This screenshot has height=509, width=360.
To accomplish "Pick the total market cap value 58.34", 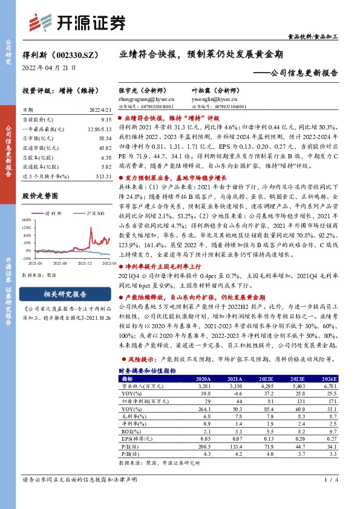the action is (x=105, y=138).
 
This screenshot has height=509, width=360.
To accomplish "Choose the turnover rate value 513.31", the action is (x=103, y=175).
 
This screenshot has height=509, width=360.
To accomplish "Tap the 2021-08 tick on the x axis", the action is (x=59, y=264).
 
